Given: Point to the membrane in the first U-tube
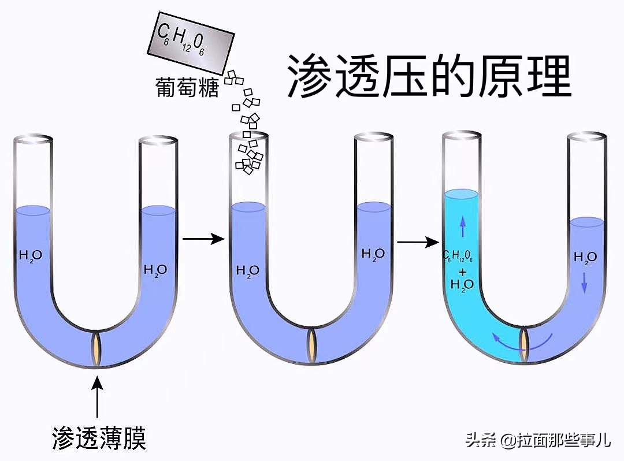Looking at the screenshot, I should tap(97, 348).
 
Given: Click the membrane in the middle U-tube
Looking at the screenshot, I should tap(312, 344).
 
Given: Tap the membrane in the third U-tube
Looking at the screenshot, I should tap(525, 341).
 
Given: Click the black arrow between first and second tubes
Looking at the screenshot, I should tap(203, 238).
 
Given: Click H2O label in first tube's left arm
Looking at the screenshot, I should tap(30, 255).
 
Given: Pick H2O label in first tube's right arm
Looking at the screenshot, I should tap(155, 269).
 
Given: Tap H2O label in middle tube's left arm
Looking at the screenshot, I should tap(248, 270).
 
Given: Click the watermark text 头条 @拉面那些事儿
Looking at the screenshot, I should tap(537, 441).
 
